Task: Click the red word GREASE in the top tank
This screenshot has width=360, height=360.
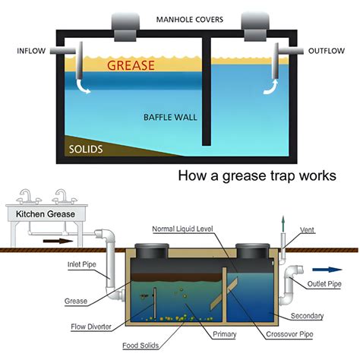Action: (131, 65)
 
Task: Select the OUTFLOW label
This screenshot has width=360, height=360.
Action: (328, 52)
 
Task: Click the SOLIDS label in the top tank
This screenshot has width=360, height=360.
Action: (84, 149)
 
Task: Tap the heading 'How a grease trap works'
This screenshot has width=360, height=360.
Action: (257, 177)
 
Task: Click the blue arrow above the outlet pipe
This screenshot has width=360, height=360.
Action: (329, 268)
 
